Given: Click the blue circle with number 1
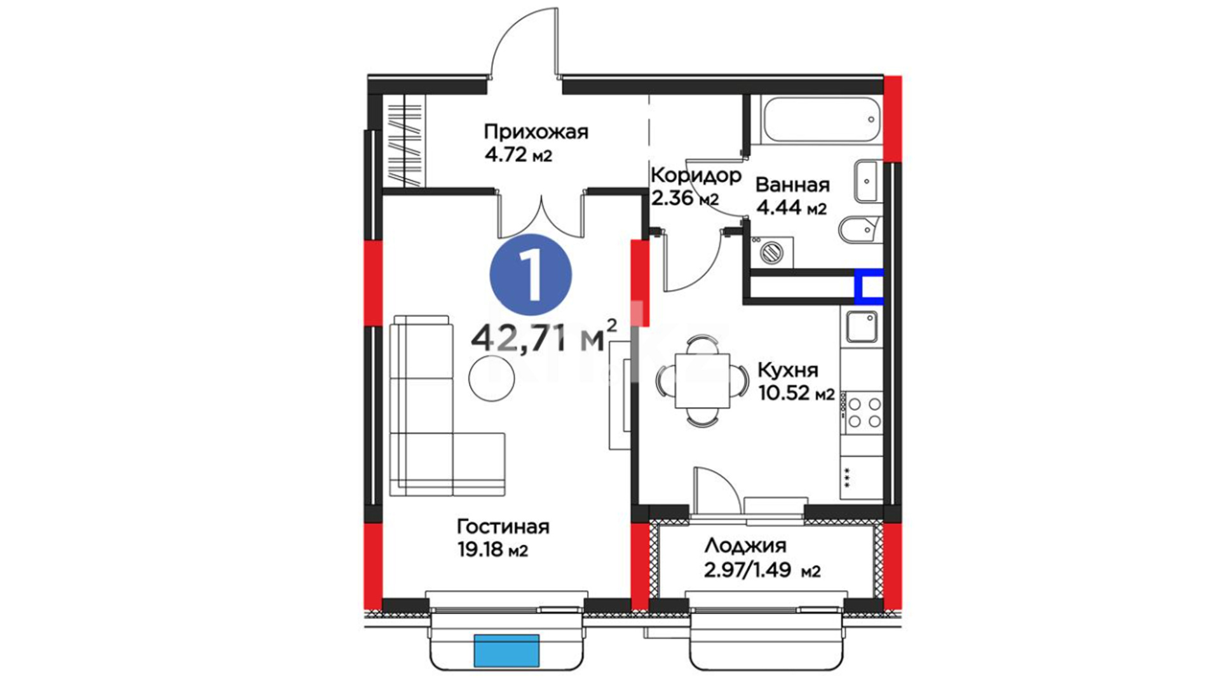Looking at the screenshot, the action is (531, 274).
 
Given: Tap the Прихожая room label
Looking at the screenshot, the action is (536, 132).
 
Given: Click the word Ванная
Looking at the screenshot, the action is (792, 185).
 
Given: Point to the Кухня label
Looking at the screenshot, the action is (788, 370).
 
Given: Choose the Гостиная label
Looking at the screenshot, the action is (503, 527).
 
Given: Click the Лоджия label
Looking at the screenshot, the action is (745, 546).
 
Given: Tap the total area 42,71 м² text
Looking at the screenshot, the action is (544, 336).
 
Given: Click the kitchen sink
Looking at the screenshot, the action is (862, 327).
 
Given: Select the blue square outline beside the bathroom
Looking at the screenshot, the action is (868, 284).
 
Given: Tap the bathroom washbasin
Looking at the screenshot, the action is (867, 182).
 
